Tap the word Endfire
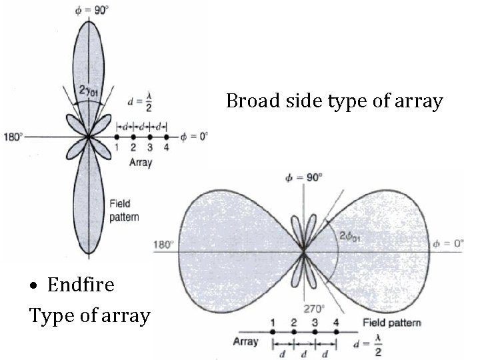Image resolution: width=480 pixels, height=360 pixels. coord(81,285)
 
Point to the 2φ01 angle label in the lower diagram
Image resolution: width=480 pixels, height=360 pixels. coord(351,235)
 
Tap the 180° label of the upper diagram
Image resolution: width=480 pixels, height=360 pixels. coord(13,137)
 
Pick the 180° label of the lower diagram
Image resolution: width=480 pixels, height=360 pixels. coord(164,243)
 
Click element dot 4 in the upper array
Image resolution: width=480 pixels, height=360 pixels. coord(166,137)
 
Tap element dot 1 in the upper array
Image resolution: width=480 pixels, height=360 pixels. coord(117,137)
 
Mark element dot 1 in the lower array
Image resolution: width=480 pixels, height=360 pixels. coord(273,331)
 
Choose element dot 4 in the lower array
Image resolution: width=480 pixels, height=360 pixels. coord(336,331)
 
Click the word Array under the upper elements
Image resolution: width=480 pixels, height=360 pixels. coord(141,163)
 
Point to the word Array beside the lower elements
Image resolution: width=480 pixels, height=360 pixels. coord(245,343)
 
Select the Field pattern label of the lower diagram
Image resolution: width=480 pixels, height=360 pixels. coord(392,323)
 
